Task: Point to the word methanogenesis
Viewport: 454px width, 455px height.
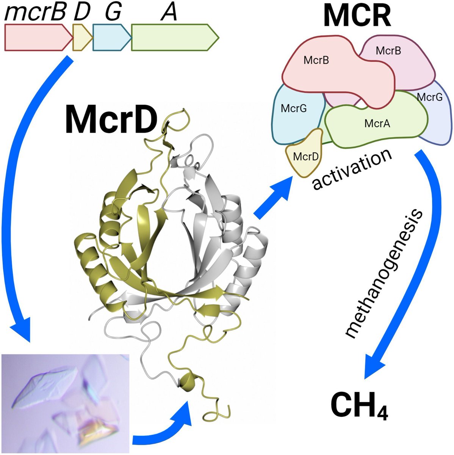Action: point(384,273)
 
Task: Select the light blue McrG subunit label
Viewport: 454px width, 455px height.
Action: point(294,108)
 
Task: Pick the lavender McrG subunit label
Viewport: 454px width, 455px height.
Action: point(429,97)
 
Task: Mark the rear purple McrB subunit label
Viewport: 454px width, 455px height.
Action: point(388,50)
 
